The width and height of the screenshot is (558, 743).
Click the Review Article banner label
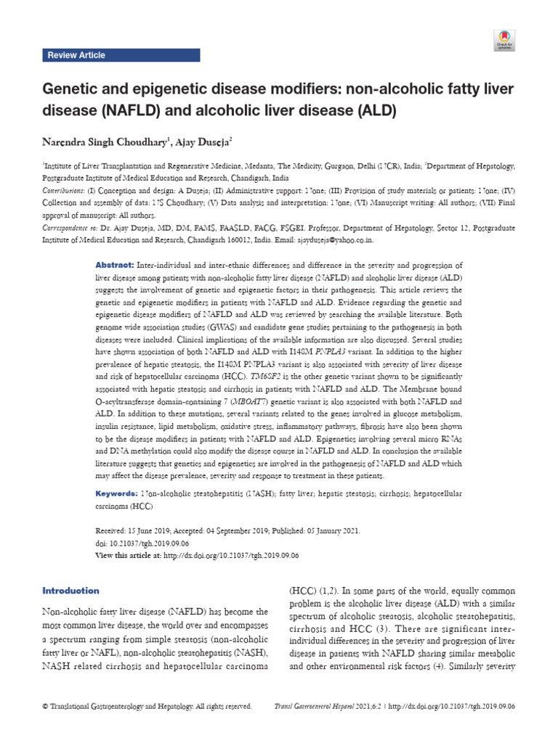pyautogui.click(x=76, y=55)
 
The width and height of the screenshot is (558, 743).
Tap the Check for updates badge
pyautogui.click(x=504, y=40)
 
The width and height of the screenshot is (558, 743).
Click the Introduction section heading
pyautogui.click(x=71, y=591)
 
